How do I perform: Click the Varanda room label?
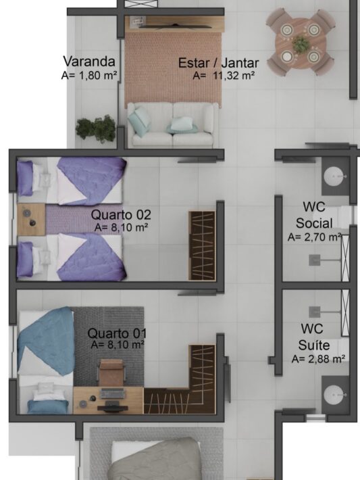pyautogui.click(x=89, y=62)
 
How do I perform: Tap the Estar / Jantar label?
pyautogui.click(x=218, y=63)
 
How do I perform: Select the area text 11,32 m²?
pyautogui.click(x=234, y=75)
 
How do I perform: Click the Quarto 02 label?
pyautogui.click(x=121, y=214)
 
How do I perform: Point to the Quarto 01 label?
pyautogui.click(x=117, y=333)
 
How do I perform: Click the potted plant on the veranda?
pyautogui.click(x=96, y=129)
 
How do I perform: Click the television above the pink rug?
pyautogui.click(x=175, y=26)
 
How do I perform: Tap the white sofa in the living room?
pyautogui.click(x=173, y=124)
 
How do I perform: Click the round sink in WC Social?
pyautogui.click(x=335, y=176)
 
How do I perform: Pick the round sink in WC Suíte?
pyautogui.click(x=335, y=395)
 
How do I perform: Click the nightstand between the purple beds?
pyautogui.click(x=31, y=220)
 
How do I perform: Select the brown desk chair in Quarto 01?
pyautogui.click(x=111, y=373)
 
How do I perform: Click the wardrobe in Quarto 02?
pyautogui.click(x=202, y=245)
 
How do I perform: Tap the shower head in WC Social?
pyautogui.click(x=315, y=260)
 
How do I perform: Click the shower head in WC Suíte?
pyautogui.click(x=315, y=312)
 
